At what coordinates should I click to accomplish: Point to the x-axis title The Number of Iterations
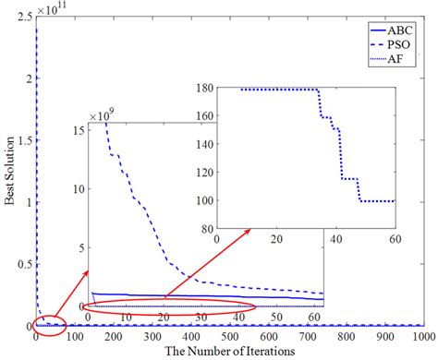(x=231, y=351)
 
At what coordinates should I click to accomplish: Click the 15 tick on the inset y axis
(x=79, y=131)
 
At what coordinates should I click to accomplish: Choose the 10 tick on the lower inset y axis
(x=79, y=189)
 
